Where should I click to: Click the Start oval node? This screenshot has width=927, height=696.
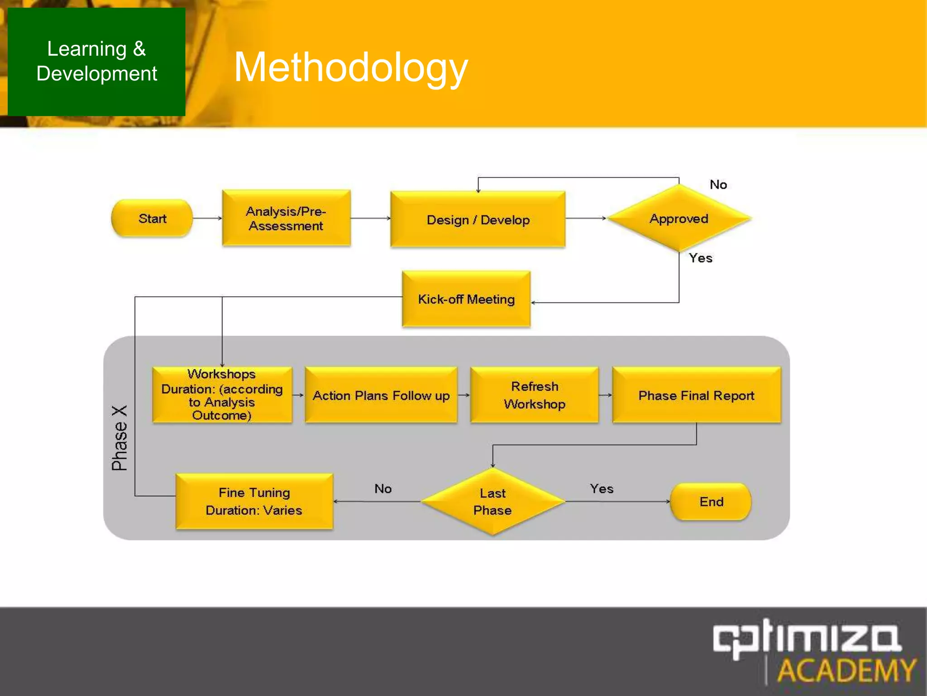[x=152, y=218]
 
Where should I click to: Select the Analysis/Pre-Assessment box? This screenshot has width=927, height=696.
[x=286, y=218]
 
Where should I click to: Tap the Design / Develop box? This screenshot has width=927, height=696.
[x=478, y=220]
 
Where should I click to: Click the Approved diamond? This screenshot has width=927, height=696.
[x=679, y=218]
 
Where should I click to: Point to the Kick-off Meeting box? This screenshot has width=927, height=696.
[x=466, y=299]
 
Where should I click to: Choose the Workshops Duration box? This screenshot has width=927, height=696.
[x=222, y=395]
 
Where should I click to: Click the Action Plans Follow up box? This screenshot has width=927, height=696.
[x=381, y=395]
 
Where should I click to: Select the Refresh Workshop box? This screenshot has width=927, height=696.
[x=535, y=395]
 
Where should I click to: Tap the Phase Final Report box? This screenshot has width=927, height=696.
[x=696, y=395]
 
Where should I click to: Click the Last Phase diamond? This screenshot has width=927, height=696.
[x=492, y=501]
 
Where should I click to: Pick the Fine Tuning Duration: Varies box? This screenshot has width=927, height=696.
[x=254, y=501]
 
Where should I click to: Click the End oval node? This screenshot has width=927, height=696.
[x=711, y=502]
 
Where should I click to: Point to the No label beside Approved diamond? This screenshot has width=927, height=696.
[x=718, y=185]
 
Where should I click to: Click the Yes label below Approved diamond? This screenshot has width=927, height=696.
[x=700, y=258]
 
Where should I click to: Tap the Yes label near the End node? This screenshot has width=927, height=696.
[x=602, y=488]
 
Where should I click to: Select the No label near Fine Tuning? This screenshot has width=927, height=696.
[x=383, y=488]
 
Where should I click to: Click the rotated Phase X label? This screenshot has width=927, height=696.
[x=120, y=438]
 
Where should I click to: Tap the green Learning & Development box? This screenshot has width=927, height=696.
[x=96, y=62]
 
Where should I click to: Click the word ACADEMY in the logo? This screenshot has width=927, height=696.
[x=846, y=671]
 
